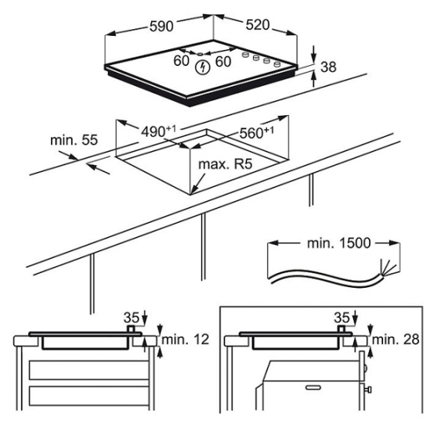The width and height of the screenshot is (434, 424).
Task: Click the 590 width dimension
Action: click(161, 26)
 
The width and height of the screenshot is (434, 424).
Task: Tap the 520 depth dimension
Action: click(258, 25)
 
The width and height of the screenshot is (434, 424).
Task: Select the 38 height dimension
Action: click(328, 67)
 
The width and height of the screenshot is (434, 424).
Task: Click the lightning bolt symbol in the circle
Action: click(202, 68)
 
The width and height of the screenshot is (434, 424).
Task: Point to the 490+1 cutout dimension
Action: click(159, 131)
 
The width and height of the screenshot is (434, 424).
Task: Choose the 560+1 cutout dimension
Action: click(256, 133)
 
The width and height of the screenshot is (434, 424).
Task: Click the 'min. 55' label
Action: click(74, 140)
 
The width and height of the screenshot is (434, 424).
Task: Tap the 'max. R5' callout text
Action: click(225, 164)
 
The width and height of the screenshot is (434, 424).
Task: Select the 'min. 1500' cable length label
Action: click(339, 243)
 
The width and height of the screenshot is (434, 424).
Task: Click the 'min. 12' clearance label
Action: click(185, 340)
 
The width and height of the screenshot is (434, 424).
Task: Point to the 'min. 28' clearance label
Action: click(396, 340)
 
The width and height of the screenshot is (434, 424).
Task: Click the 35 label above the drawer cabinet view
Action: click(131, 317)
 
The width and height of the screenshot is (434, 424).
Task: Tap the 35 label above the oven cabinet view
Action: click(341, 317)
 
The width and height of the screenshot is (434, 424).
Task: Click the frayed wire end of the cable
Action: click(386, 268)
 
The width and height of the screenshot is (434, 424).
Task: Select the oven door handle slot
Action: click(313, 387)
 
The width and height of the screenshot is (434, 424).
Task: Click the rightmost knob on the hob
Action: click(276, 64)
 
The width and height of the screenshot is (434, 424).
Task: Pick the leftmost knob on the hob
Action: click(245, 54)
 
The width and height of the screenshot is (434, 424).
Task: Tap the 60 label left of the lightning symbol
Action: click(181, 61)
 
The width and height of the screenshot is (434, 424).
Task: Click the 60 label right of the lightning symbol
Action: click(223, 62)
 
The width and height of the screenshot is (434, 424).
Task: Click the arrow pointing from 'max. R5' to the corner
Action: click(199, 184)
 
